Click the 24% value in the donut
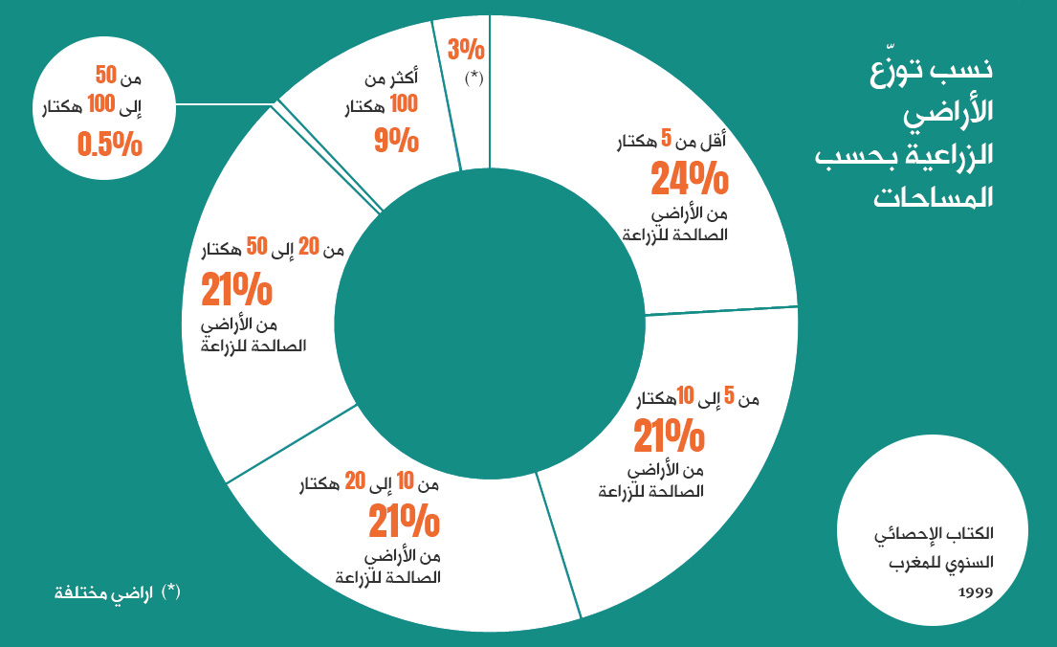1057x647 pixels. click(x=690, y=178)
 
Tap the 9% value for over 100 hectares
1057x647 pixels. click(x=396, y=141)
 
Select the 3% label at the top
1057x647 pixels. click(x=466, y=49)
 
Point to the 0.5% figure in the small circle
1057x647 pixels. click(x=109, y=145)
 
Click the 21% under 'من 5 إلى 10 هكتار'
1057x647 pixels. click(x=669, y=436)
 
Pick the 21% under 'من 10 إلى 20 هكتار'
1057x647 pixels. click(x=404, y=523)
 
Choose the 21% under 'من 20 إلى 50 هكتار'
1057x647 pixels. click(x=236, y=289)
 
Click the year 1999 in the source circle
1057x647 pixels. click(x=975, y=591)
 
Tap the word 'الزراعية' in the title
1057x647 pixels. click(x=946, y=154)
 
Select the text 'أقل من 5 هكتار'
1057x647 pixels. click(x=680, y=143)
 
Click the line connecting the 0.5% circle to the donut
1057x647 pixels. click(x=225, y=100)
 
